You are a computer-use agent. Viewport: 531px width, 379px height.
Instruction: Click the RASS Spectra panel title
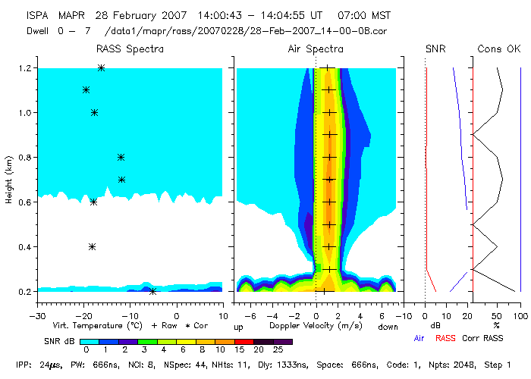tap(130, 49)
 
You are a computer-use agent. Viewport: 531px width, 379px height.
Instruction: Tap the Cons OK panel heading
tap(499, 49)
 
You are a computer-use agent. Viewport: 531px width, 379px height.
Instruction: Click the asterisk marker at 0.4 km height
tap(92, 246)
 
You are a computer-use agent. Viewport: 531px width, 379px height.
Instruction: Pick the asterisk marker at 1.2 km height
tap(101, 68)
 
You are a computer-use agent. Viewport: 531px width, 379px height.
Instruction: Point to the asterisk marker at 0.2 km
tap(152, 292)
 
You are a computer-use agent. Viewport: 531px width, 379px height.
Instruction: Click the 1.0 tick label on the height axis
tap(24, 113)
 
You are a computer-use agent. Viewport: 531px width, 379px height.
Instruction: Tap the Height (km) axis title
tap(9, 180)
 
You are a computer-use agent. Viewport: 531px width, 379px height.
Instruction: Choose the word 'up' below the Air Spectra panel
tap(238, 327)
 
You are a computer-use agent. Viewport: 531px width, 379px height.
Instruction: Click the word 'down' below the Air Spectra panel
tap(388, 327)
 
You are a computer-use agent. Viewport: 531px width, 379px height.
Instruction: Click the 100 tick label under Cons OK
tap(520, 315)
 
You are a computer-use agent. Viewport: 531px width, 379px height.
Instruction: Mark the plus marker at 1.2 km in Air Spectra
tap(328, 68)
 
